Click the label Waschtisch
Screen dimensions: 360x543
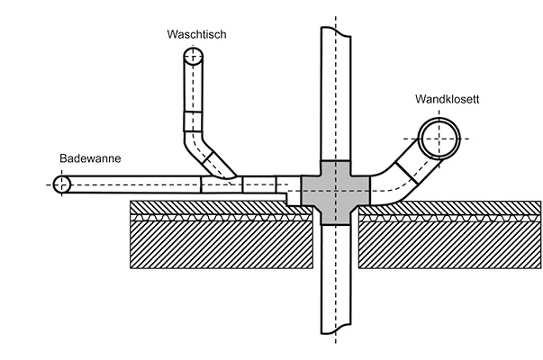[195, 35]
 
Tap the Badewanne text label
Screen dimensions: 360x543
[90, 158]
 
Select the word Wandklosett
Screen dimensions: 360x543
[446, 99]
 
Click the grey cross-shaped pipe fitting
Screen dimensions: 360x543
[334, 191]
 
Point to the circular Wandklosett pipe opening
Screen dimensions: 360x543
[439, 140]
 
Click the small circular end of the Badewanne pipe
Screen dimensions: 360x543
[62, 184]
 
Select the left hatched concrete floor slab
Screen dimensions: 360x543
[216, 245]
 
